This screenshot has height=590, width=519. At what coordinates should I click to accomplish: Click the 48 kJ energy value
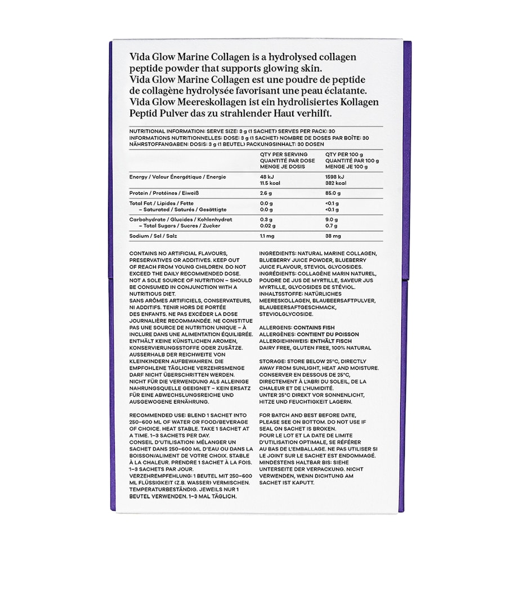tap(266, 177)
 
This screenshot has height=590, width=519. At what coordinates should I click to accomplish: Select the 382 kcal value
tap(335, 184)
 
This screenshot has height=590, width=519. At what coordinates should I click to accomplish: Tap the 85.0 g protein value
tap(333, 193)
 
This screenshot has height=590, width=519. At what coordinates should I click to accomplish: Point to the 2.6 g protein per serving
tap(266, 193)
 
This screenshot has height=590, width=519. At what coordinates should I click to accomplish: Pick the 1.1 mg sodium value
tap(267, 236)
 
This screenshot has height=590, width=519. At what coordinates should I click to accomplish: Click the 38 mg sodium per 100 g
tap(333, 236)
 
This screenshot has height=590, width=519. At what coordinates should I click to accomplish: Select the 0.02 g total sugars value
tap(268, 226)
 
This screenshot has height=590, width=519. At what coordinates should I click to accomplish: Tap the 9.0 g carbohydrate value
tap(332, 220)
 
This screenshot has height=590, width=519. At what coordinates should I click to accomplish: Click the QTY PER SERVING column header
tap(284, 154)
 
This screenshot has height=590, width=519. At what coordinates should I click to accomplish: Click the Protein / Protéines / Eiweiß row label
tap(158, 193)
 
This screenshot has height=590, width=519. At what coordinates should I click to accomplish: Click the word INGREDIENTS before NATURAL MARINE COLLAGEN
tap(278, 254)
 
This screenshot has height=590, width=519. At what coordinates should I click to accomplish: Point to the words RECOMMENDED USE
tap(153, 415)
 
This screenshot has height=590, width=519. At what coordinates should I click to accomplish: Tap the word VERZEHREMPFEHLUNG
tap(156, 476)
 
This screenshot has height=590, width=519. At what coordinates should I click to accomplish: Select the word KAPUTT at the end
tap(303, 483)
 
